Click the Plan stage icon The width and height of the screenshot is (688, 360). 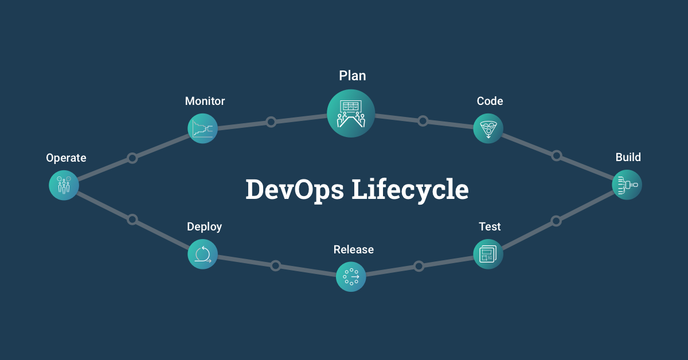pos(351,113)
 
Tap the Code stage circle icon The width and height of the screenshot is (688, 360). pos(488,128)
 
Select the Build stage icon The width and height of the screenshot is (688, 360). pos(627,185)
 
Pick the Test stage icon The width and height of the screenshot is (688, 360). pos(488,254)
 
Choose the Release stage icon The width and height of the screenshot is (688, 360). pos(351,277)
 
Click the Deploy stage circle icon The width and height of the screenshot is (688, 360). pos(202,254)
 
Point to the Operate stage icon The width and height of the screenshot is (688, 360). pos(64,185)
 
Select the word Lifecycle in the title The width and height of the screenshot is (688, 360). pos(409,190)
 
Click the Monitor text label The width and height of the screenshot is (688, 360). pos(205,101)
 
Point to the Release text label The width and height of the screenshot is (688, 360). pos(354,249)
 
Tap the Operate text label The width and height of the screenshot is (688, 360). pos(66,158)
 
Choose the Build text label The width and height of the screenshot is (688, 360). pos(628,157)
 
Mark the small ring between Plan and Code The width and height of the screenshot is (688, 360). pos(423,121)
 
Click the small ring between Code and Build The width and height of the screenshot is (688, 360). pos(556,155)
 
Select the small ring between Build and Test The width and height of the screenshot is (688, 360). pos(556,221)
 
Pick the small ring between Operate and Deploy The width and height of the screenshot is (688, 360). pos(132,219)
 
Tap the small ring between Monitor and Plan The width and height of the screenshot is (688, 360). pos(271,122)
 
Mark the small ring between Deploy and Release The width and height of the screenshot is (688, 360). pos(276,265)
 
